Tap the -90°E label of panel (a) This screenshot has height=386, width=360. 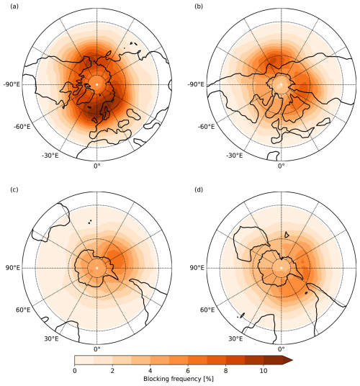click(x=14, y=84)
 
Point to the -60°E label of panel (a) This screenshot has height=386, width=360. click(x=23, y=127)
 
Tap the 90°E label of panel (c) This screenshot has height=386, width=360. click(x=15, y=268)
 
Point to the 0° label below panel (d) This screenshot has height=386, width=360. click(x=282, y=351)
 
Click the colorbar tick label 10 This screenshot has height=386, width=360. click(x=264, y=371)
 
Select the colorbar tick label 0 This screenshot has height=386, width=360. click(x=75, y=371)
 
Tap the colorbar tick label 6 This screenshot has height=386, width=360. click(x=188, y=371)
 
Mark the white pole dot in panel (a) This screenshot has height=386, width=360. click(x=96, y=84)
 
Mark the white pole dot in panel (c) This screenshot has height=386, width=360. click(x=96, y=268)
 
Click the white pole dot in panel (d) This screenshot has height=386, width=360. click(x=282, y=268)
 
